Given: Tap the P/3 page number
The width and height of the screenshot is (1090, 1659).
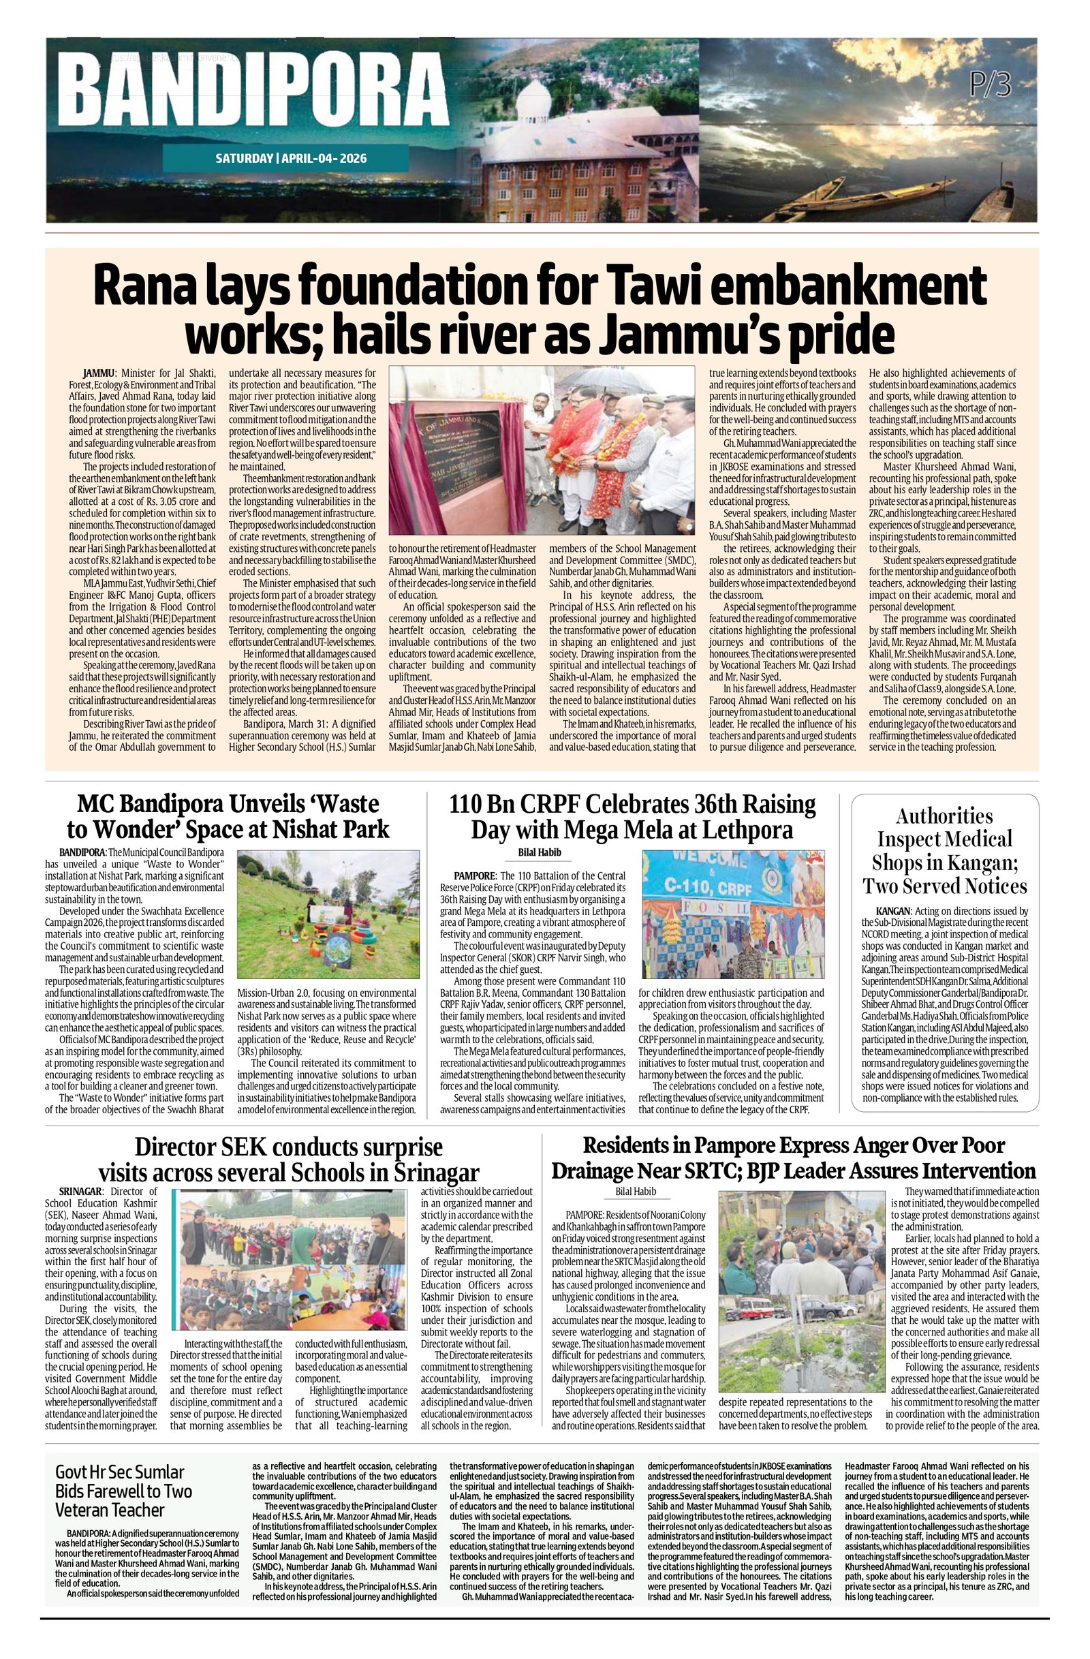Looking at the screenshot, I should [991, 85].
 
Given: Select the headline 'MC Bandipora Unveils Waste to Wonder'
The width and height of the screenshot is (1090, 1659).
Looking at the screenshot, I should [228, 817].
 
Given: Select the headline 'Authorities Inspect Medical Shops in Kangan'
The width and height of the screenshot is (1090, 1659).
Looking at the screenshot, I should [944, 851].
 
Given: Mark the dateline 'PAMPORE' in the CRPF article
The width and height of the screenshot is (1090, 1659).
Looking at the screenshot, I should [474, 876].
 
